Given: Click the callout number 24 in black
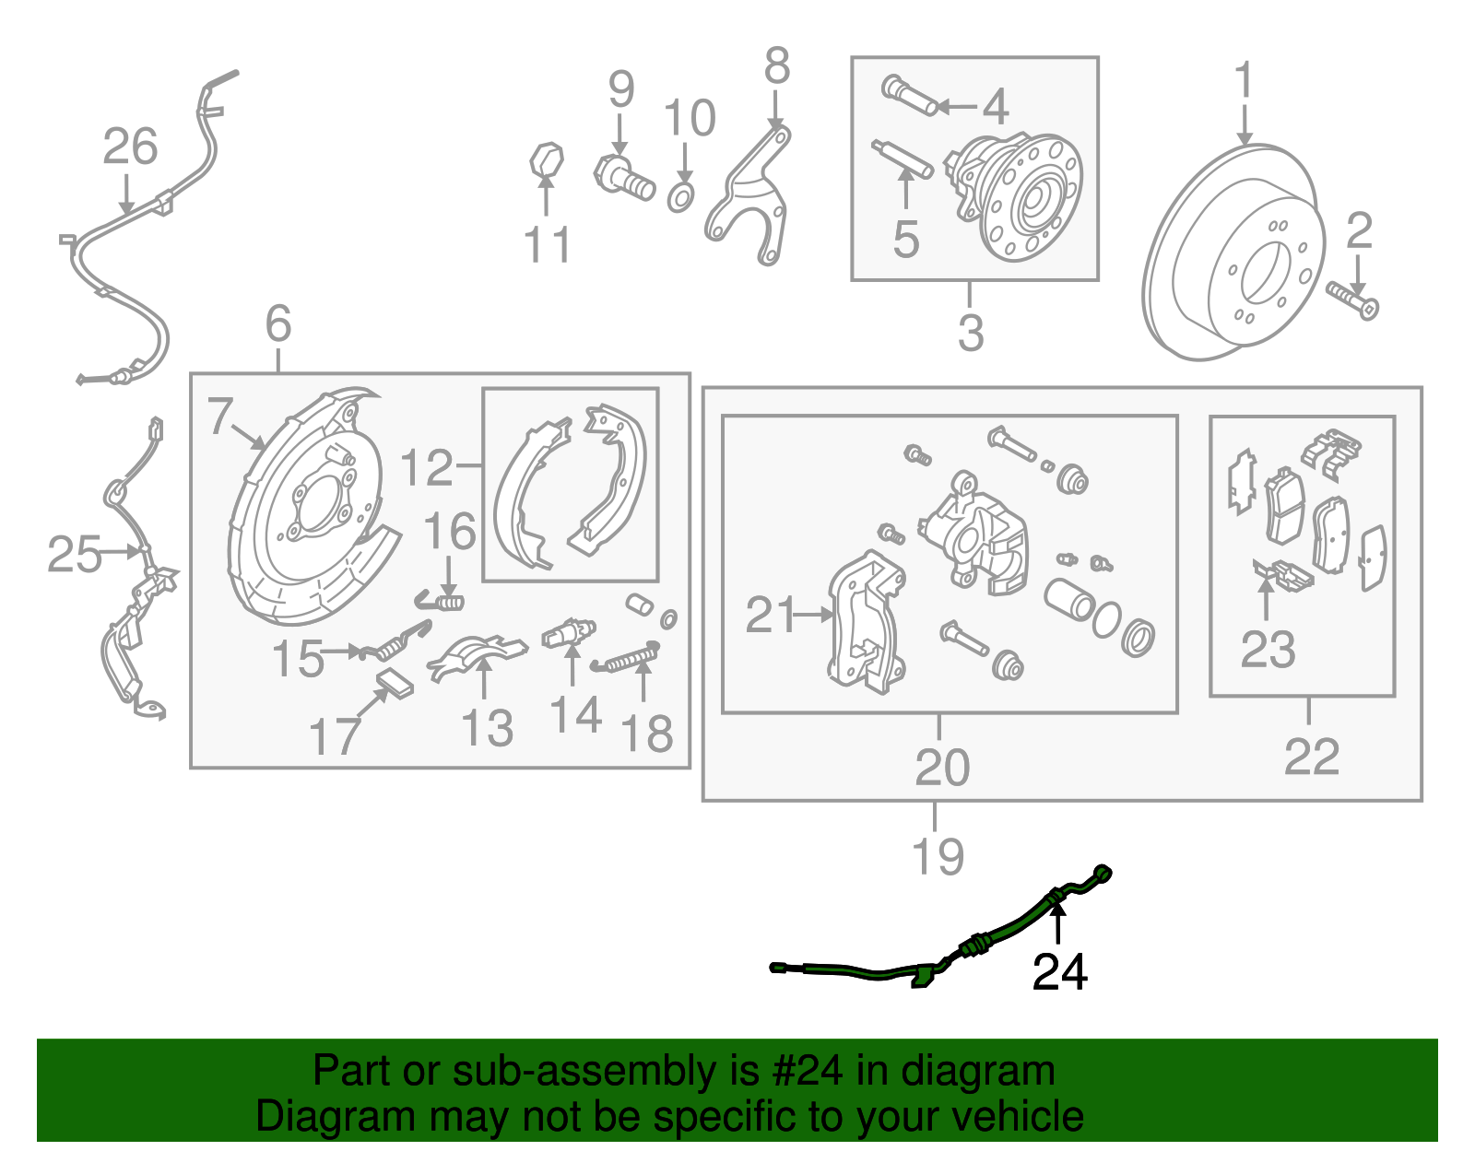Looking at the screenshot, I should [x=1059, y=972].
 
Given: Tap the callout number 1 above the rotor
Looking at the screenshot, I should [x=1244, y=80].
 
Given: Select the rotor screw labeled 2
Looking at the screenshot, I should [x=1352, y=300].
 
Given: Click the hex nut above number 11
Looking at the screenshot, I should [x=546, y=159].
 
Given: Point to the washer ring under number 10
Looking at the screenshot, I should [x=679, y=196].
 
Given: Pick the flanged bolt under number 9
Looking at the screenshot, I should [x=624, y=177].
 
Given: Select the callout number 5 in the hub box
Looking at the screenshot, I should [x=906, y=240].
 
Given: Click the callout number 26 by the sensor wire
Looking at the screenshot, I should [x=130, y=147].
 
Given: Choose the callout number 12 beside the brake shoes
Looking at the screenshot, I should [x=427, y=468].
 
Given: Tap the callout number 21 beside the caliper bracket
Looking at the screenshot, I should [x=770, y=615].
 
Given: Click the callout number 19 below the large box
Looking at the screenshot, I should [x=938, y=856].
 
